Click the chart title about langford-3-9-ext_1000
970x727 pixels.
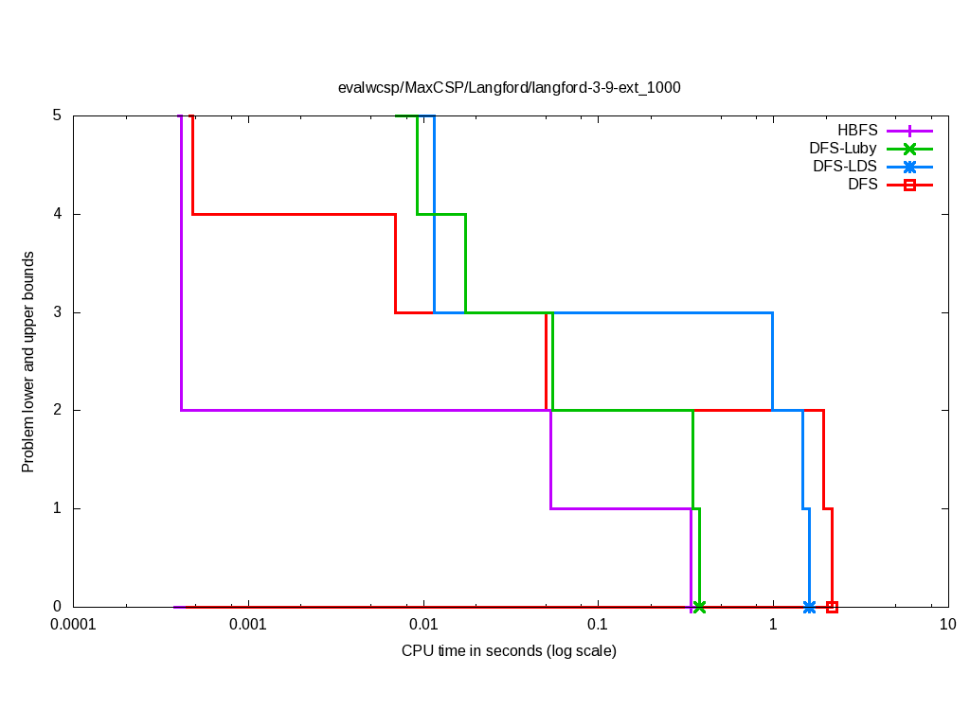[510, 87]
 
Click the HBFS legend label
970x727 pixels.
[857, 131]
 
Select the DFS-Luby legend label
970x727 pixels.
[843, 149]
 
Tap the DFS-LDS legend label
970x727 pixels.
[845, 167]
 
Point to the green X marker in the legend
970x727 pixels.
[909, 149]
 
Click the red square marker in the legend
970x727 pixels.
[909, 185]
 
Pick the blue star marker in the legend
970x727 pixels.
[909, 167]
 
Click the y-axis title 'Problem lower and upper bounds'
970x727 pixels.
[28, 362]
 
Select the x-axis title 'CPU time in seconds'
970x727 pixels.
[509, 651]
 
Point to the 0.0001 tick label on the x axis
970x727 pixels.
[73, 625]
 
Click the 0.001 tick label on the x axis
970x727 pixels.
[248, 625]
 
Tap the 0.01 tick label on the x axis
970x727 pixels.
[423, 625]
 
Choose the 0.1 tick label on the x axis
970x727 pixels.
[598, 625]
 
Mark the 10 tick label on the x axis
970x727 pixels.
[947, 625]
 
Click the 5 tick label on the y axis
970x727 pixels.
[57, 115]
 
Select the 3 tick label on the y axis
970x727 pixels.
[57, 312]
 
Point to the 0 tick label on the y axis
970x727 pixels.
[57, 607]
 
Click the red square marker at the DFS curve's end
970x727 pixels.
[832, 607]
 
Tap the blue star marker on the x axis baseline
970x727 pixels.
[809, 607]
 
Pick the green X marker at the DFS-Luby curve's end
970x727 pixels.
[699, 607]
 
